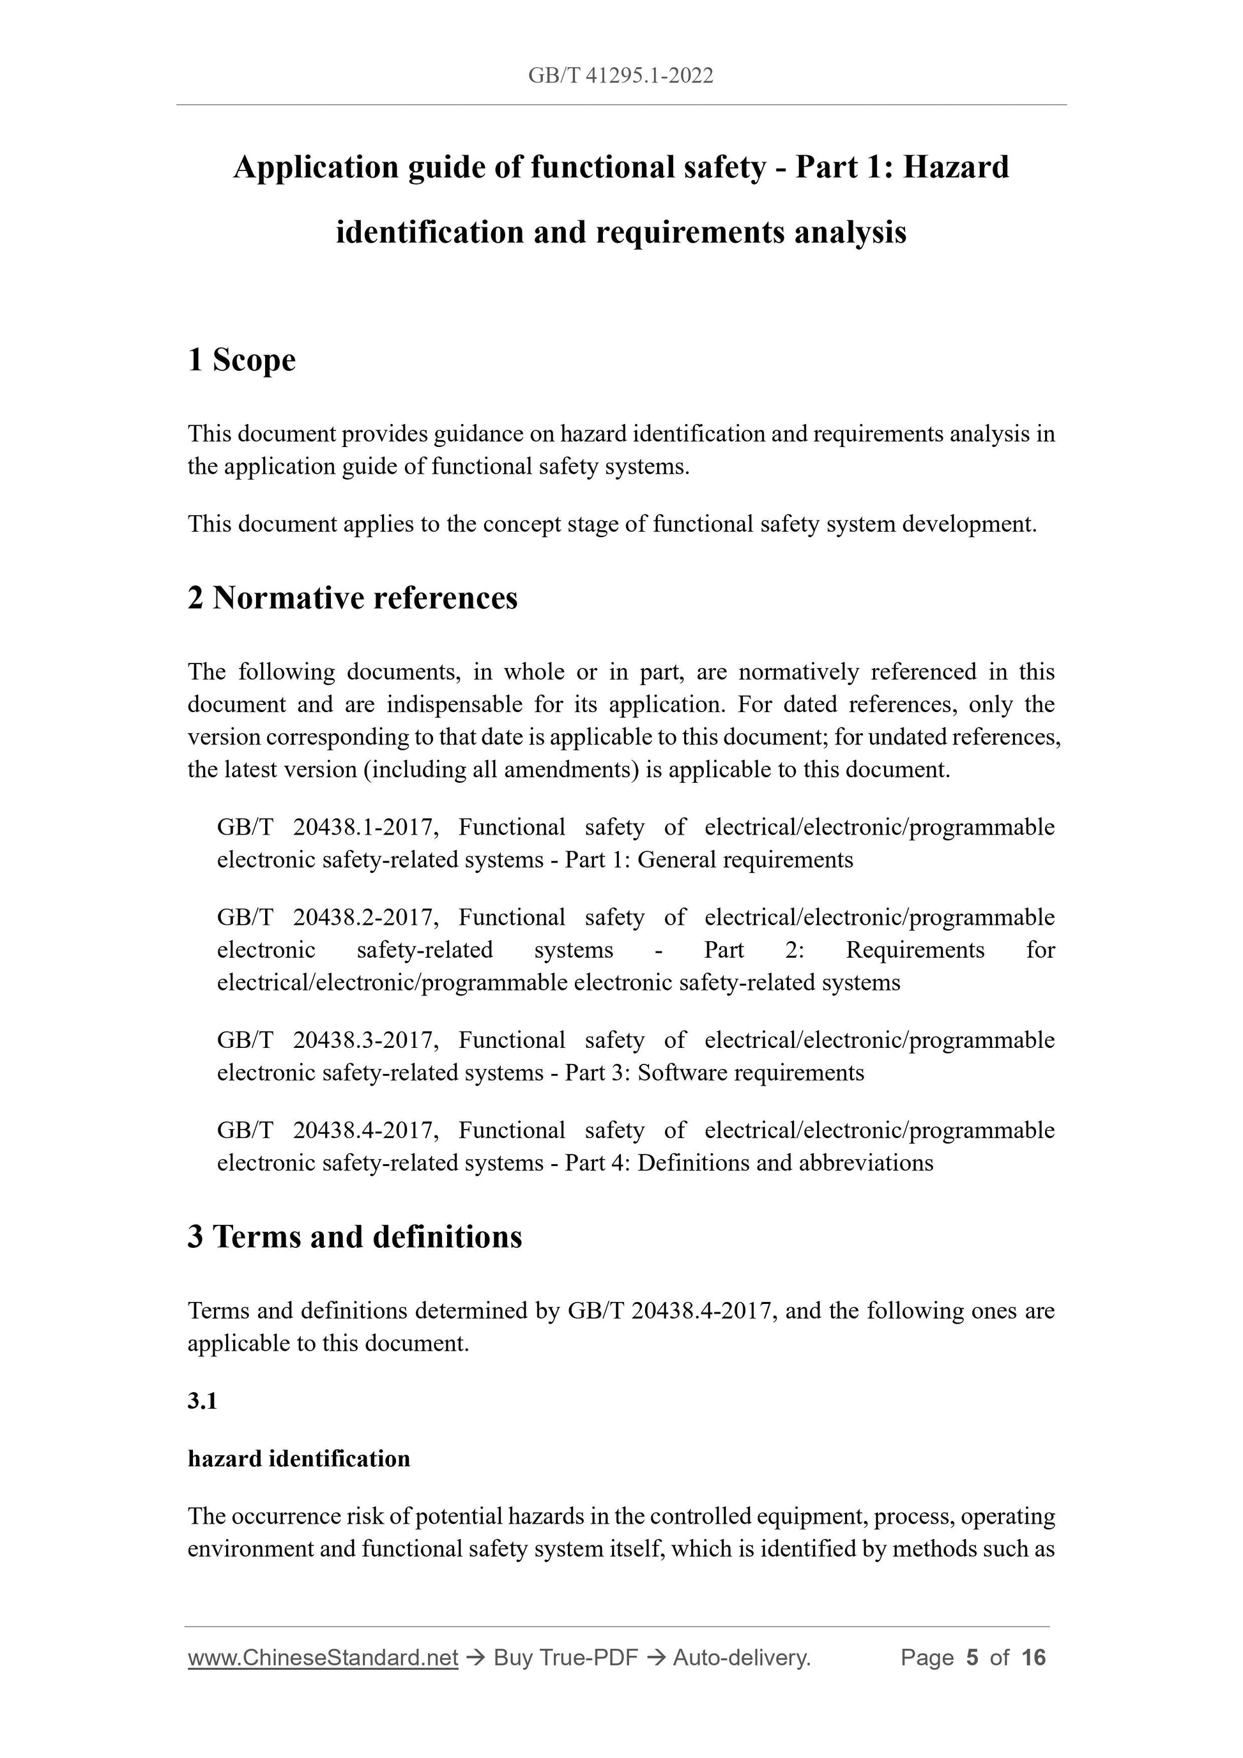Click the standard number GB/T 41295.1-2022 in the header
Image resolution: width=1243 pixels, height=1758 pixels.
pyautogui.click(x=620, y=76)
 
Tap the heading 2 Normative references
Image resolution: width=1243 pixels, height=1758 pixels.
pyautogui.click(x=353, y=598)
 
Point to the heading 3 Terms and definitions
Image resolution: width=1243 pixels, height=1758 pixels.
pyautogui.click(x=355, y=1236)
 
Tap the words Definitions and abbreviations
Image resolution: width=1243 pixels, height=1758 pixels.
pyautogui.click(x=785, y=1163)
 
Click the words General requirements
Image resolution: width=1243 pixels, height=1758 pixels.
pyautogui.click(x=744, y=860)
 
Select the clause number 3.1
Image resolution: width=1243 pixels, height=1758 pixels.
pyautogui.click(x=202, y=1401)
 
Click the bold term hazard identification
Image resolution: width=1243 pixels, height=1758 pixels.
pyautogui.click(x=299, y=1459)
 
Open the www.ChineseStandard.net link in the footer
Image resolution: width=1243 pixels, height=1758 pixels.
pyautogui.click(x=323, y=1658)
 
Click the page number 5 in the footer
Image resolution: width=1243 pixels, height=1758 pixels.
pyautogui.click(x=972, y=1658)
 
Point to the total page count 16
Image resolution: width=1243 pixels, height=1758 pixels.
pyautogui.click(x=1033, y=1658)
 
